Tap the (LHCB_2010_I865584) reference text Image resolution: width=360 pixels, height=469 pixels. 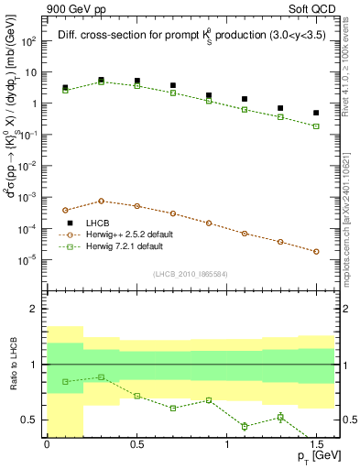coord(190,275)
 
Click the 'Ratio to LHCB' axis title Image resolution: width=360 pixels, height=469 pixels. coord(11,365)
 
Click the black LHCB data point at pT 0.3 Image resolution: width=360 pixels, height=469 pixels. coord(101,81)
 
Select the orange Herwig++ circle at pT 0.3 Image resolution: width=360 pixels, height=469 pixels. coord(101,201)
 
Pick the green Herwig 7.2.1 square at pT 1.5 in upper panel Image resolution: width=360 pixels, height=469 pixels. coord(316,126)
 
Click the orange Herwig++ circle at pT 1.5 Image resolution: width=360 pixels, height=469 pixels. coord(316,251)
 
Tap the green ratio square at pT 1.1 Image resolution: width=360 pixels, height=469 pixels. coord(245,426)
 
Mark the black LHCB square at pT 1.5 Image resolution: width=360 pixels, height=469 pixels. coord(316,113)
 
